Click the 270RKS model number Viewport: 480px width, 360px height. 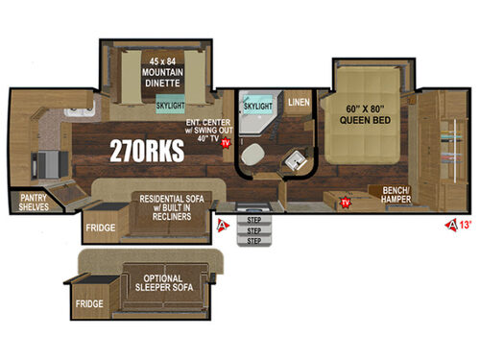[x=139, y=152]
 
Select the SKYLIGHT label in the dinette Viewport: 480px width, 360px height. [x=171, y=108]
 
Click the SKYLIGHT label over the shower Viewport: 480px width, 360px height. [x=258, y=104]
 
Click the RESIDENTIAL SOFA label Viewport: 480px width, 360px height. [x=176, y=207]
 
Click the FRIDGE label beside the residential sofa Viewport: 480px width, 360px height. [x=101, y=228]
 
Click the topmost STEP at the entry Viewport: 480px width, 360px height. [x=254, y=220]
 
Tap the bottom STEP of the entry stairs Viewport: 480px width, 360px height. [x=254, y=241]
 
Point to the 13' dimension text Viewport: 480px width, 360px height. [x=467, y=227]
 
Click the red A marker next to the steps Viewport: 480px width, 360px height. [x=221, y=227]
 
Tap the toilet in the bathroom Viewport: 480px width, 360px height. [x=253, y=157]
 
